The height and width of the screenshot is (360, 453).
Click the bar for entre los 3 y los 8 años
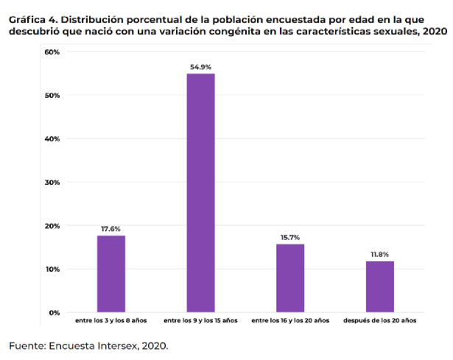pyautogui.click(x=111, y=274)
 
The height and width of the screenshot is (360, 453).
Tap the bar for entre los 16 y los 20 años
pyautogui.click(x=290, y=278)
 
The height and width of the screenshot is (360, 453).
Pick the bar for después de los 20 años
pyautogui.click(x=379, y=286)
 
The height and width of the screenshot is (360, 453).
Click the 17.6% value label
pyautogui.click(x=111, y=229)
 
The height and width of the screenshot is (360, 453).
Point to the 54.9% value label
pyautogui.click(x=200, y=67)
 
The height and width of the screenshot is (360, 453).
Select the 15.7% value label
pyautogui.click(x=290, y=237)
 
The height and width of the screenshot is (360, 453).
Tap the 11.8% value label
pyautogui.click(x=379, y=254)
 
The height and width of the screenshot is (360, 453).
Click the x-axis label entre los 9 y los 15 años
pyautogui.click(x=200, y=321)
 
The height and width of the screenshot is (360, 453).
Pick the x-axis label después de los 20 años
pyautogui.click(x=379, y=321)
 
